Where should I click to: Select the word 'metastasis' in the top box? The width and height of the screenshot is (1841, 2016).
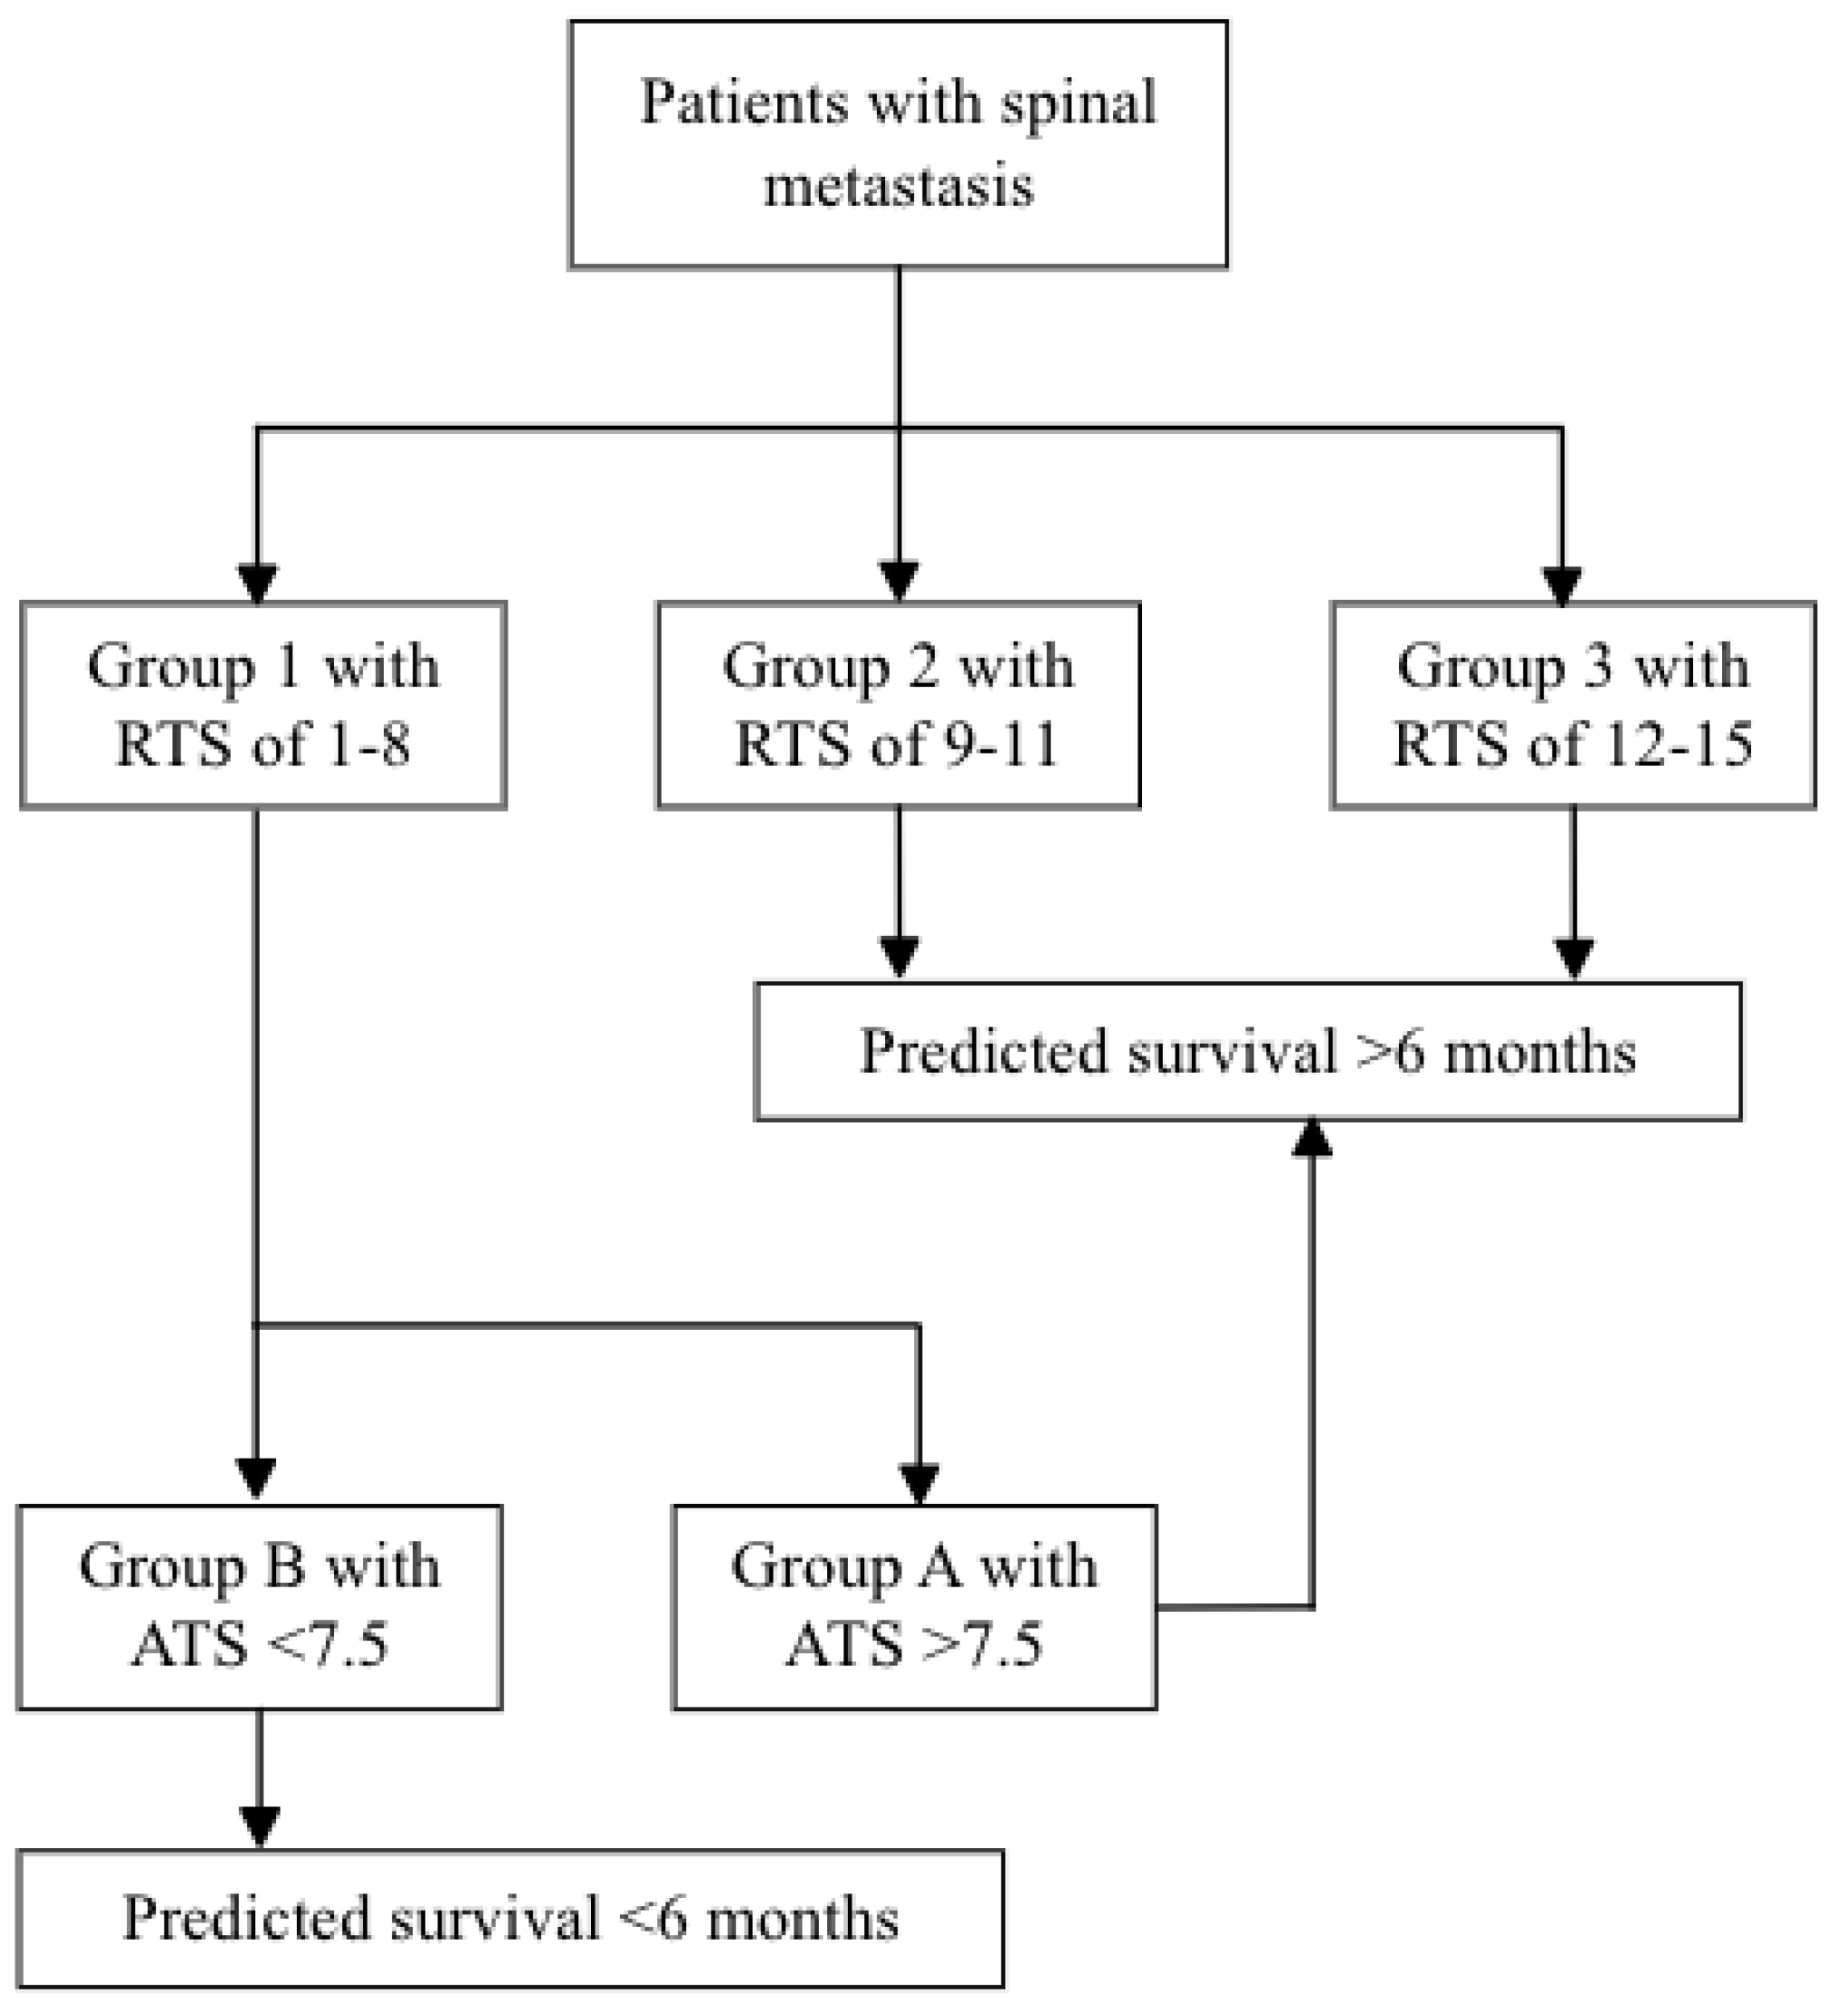click(x=898, y=186)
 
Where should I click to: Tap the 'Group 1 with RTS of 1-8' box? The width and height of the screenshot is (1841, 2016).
click(x=263, y=705)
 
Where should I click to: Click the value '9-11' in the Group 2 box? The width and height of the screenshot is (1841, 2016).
click(x=1000, y=745)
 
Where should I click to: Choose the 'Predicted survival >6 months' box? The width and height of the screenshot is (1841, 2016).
click(x=1248, y=1052)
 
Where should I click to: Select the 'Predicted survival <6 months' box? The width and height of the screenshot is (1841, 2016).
click(x=510, y=1919)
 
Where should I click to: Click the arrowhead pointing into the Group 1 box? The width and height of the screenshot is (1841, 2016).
click(x=257, y=583)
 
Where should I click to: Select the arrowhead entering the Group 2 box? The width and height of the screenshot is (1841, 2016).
click(x=898, y=581)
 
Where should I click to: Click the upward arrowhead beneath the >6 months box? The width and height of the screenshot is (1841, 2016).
click(x=1312, y=1139)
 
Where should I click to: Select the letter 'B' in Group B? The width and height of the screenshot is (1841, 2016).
click(x=287, y=1566)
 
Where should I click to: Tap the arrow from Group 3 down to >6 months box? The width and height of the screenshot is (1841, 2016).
click(x=1575, y=890)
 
